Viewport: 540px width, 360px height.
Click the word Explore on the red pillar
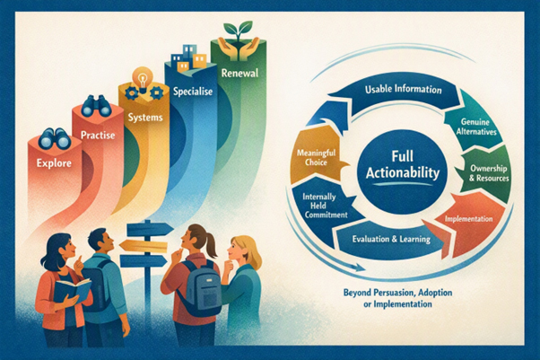pyautogui.click(x=54, y=162)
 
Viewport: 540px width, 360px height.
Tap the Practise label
pyautogui.click(x=98, y=135)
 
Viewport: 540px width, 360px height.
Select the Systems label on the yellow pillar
pyautogui.click(x=145, y=118)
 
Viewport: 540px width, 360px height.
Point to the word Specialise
pyautogui.click(x=193, y=92)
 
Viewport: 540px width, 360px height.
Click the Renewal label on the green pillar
pyautogui.click(x=240, y=73)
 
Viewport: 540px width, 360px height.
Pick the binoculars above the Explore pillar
pyautogui.click(x=55, y=138)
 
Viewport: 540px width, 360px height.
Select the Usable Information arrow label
pyautogui.click(x=404, y=89)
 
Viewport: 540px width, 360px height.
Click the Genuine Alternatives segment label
pyautogui.click(x=476, y=127)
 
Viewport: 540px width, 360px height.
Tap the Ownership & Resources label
pyautogui.click(x=489, y=173)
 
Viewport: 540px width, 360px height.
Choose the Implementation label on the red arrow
pyautogui.click(x=468, y=219)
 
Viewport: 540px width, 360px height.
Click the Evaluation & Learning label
pyautogui.click(x=391, y=239)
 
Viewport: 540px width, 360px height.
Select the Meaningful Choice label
pyautogui.click(x=316, y=157)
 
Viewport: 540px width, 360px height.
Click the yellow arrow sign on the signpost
pyautogui.click(x=144, y=245)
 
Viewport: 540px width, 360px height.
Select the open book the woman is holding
pyautogui.click(x=72, y=290)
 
